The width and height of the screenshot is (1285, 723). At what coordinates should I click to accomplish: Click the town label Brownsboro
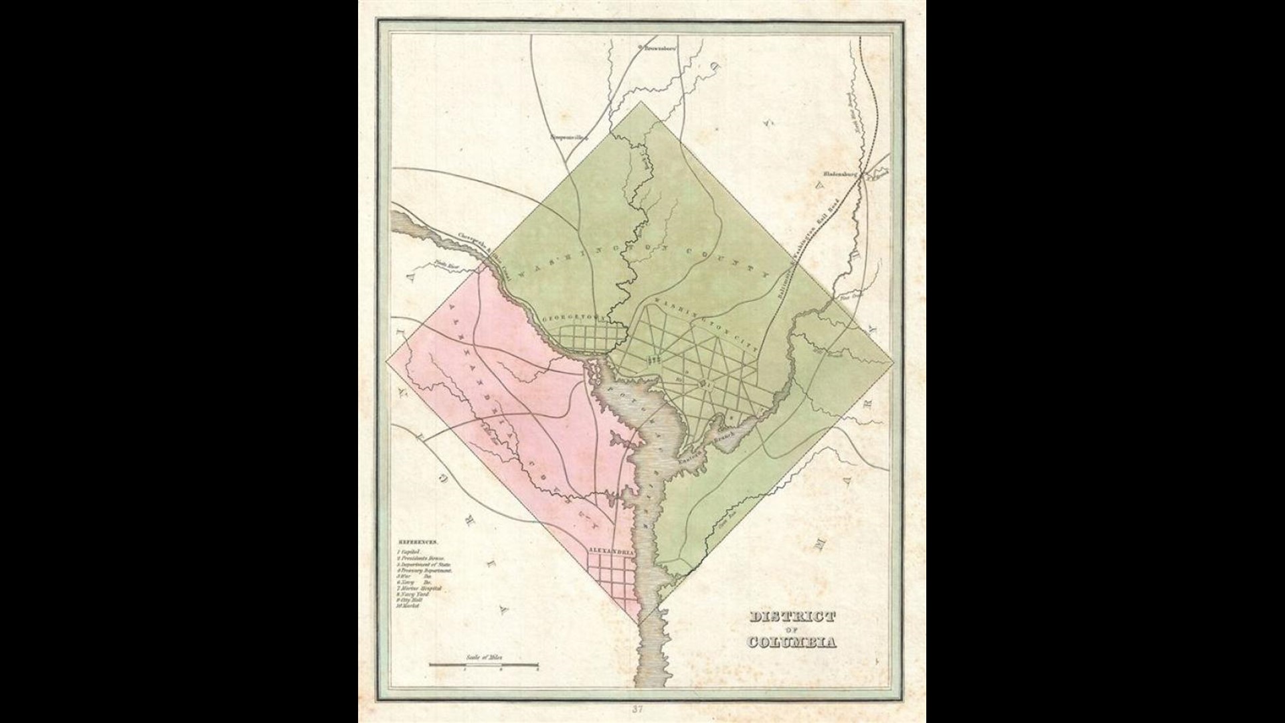pyautogui.click(x=659, y=48)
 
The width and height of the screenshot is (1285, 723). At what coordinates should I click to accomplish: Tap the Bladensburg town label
pyautogui.click(x=841, y=172)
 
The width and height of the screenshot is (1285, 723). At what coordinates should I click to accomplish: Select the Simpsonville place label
pyautogui.click(x=568, y=138)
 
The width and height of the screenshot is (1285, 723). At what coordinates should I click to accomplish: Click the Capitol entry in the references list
pyautogui.click(x=407, y=550)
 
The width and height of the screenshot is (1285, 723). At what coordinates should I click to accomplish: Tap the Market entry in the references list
pyautogui.click(x=407, y=606)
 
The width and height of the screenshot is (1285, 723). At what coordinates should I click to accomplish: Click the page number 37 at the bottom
pyautogui.click(x=642, y=709)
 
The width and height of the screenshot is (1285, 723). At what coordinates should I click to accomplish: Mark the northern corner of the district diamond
pyautogui.click(x=640, y=102)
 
